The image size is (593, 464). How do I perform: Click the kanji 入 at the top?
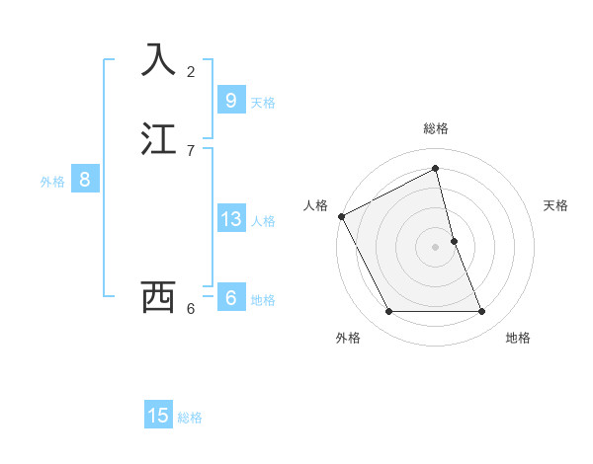(x=159, y=59)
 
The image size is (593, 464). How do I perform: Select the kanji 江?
(x=159, y=138)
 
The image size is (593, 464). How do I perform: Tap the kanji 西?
(x=159, y=296)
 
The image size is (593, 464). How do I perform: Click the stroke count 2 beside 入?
(x=191, y=71)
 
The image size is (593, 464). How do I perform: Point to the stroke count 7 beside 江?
(x=191, y=150)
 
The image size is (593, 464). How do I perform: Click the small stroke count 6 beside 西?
(x=191, y=308)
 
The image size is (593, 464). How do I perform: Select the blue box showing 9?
(x=230, y=100)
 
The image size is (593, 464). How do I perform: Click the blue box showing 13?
(x=230, y=219)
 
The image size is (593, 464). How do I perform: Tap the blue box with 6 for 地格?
(x=230, y=298)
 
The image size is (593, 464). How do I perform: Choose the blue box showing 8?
(x=85, y=180)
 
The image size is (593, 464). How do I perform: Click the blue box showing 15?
(x=158, y=416)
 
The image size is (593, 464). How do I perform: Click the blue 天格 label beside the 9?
(x=263, y=102)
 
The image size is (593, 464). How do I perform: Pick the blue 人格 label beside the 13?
(x=263, y=221)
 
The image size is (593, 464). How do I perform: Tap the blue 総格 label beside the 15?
(x=190, y=418)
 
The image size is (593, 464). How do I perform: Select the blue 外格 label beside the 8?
(x=52, y=182)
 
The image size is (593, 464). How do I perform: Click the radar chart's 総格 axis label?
(x=435, y=128)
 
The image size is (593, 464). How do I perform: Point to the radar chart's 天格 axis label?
(x=556, y=205)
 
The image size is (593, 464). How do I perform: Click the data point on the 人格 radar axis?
(x=341, y=216)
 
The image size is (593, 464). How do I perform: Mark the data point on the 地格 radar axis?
(x=482, y=312)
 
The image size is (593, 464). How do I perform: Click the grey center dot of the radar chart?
(x=435, y=247)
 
